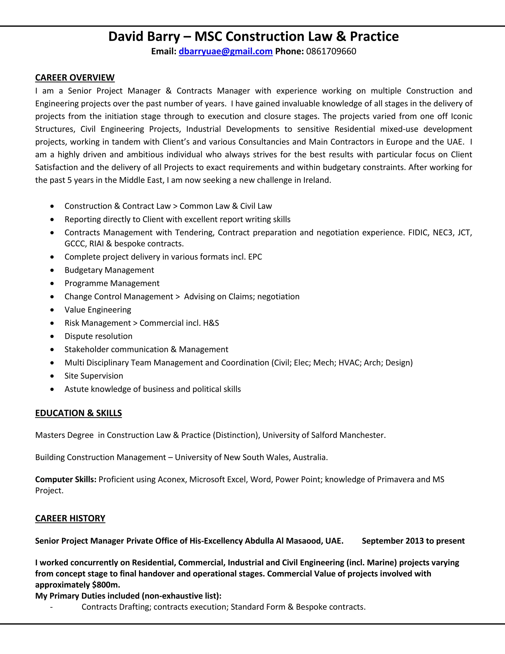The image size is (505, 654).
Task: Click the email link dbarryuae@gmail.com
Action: click(x=226, y=52)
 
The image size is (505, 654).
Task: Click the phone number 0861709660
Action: click(x=331, y=52)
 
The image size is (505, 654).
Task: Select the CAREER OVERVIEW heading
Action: click(x=75, y=77)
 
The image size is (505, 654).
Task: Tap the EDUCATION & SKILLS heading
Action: click(x=78, y=413)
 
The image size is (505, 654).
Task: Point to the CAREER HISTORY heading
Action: click(x=70, y=518)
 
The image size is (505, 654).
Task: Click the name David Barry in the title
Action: click(x=144, y=37)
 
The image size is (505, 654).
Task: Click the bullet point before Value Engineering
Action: click(x=52, y=310)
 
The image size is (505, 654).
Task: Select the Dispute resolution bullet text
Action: click(x=98, y=336)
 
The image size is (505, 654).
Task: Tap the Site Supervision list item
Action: click(x=94, y=376)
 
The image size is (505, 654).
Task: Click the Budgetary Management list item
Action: click(x=109, y=270)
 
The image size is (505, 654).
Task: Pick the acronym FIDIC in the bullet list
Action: click(x=418, y=233)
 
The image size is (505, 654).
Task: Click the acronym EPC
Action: click(x=255, y=257)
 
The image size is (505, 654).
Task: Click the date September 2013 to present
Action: click(x=413, y=541)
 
